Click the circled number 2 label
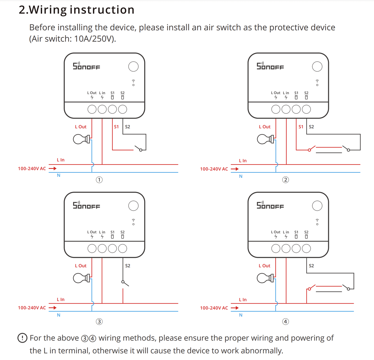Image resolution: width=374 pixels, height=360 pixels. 285,180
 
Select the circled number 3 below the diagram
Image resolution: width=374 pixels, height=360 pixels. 99,321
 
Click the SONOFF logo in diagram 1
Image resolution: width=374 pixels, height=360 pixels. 86,66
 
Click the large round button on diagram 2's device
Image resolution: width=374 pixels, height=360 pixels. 317,66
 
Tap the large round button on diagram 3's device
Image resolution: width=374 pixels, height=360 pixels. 133,206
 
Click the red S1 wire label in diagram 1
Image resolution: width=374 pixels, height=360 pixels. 116,127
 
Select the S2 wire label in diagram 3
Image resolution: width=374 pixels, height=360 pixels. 128,266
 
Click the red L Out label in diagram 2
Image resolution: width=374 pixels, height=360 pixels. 264,127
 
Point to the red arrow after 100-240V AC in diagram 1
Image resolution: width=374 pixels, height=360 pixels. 53,168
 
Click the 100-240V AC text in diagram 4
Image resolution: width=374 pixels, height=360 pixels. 214,308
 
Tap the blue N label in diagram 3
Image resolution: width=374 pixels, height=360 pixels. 59,315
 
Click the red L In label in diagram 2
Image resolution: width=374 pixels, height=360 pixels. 243,161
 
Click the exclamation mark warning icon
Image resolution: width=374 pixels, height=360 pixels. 22,338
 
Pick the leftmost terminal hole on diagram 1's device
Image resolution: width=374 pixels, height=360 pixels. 92,109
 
